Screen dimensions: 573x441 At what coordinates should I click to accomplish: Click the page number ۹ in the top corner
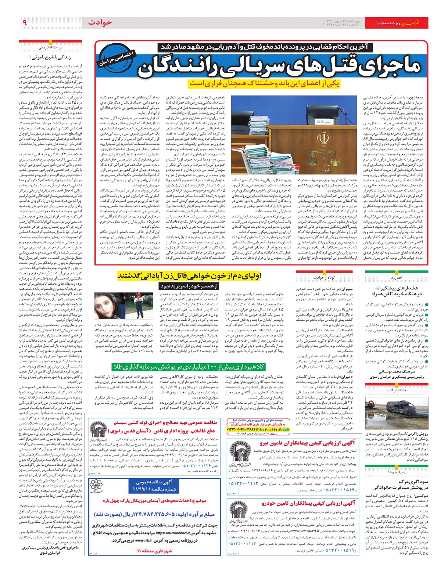pos(24,23)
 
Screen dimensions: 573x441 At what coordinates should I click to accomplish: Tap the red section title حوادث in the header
pos(100,23)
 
